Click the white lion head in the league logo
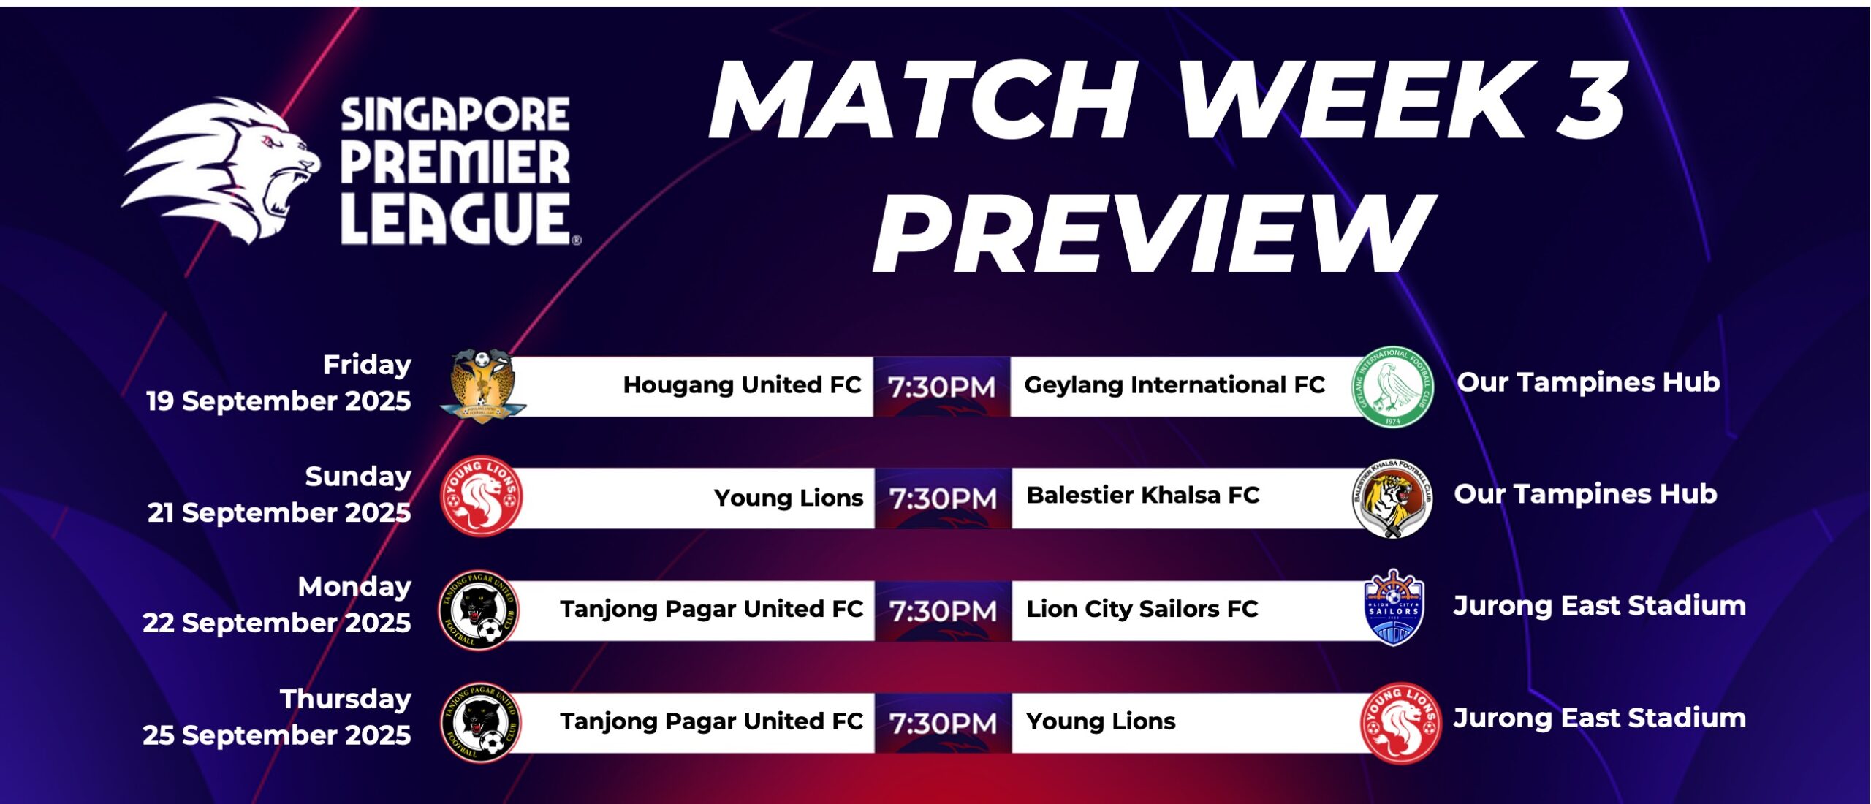click(219, 172)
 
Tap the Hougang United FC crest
click(482, 386)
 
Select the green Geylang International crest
click(1392, 387)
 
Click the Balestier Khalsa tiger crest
click(1392, 498)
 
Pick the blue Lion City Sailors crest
click(1393, 609)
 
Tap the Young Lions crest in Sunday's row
click(482, 496)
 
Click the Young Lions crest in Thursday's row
click(1400, 722)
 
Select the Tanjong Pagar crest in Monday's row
click(479, 610)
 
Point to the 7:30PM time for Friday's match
click(941, 387)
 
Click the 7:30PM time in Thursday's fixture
click(943, 723)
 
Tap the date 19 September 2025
click(278, 401)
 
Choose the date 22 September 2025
click(276, 623)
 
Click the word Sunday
click(358, 477)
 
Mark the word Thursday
click(346, 699)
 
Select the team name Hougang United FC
click(742, 384)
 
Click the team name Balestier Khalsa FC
click(1142, 495)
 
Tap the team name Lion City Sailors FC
click(1142, 608)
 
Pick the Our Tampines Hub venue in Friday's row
click(1588, 382)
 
